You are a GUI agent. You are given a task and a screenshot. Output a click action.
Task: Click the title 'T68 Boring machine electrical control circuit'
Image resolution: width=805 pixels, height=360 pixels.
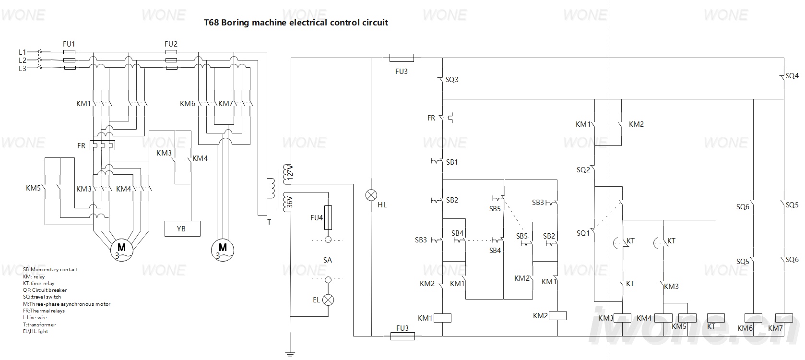296,23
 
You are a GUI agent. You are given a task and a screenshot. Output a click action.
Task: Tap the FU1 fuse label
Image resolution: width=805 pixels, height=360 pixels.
69,44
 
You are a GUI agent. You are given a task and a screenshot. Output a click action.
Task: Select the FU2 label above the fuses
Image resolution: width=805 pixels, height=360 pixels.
171,44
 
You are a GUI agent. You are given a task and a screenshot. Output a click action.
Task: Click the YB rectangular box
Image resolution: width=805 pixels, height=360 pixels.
182,228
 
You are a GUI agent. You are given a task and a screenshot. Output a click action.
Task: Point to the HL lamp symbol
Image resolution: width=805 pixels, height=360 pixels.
371,195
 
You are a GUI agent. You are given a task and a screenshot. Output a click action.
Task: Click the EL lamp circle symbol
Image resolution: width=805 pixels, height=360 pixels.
328,300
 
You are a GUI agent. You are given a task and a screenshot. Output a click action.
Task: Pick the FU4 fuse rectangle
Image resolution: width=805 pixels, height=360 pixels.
328,217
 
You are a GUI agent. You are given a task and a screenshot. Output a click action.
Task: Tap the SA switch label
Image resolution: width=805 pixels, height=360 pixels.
327,260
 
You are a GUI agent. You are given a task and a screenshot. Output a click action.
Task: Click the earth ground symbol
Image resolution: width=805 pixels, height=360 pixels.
290,354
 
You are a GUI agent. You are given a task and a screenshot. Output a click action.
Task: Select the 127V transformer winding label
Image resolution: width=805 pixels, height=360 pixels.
290,173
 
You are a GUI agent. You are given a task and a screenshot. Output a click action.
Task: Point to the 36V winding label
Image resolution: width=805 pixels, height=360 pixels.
290,202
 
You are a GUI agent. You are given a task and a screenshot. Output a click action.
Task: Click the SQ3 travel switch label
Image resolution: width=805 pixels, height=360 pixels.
452,80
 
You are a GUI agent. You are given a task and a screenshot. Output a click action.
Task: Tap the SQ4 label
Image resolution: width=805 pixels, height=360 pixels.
792,76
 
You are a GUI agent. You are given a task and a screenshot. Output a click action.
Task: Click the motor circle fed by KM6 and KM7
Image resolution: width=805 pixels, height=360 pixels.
223,250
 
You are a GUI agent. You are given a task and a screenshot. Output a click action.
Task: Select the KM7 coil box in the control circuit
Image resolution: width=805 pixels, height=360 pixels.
784,318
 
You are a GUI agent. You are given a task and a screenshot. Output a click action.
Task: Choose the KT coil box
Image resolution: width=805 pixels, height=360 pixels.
716,318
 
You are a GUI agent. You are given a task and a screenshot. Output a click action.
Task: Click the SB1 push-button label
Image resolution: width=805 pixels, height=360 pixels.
452,162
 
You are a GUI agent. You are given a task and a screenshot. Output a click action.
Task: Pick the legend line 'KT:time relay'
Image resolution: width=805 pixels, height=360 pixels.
38,283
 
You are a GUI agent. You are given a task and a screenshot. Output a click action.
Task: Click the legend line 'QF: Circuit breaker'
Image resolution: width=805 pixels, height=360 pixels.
45,290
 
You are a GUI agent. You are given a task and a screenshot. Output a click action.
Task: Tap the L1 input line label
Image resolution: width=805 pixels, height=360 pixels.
23,52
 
